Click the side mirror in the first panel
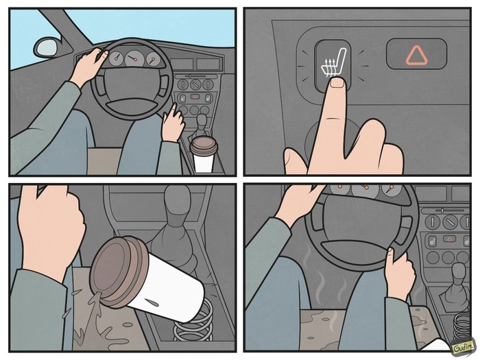click(47, 47)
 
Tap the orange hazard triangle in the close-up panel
click(417, 56)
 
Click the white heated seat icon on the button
click(333, 63)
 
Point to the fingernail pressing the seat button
click(337, 82)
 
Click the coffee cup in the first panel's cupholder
click(204, 154)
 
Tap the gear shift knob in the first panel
click(202, 122)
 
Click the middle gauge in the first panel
click(134, 58)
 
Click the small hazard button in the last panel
click(449, 239)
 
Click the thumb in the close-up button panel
click(294, 161)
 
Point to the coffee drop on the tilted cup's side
click(153, 303)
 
